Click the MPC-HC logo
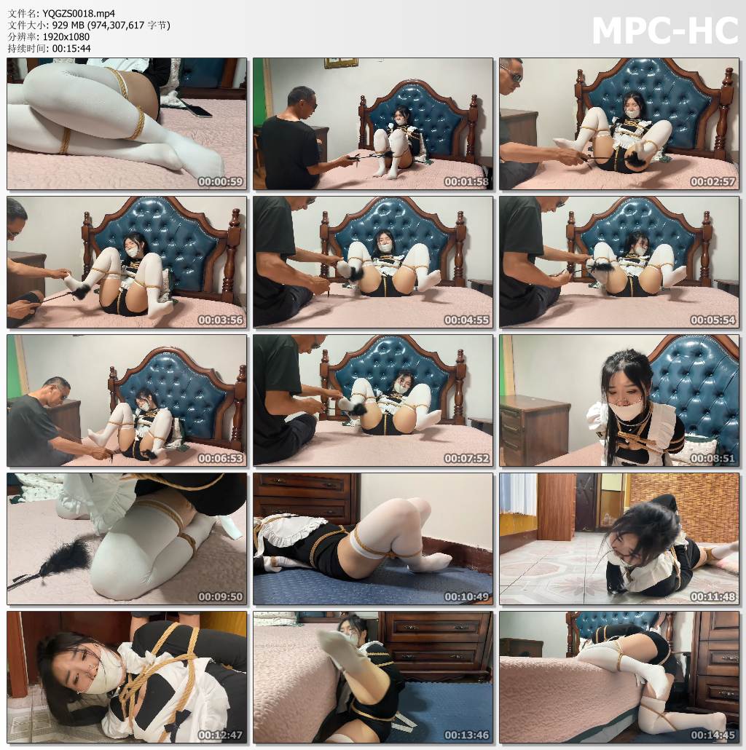click(x=664, y=31)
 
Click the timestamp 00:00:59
click(x=220, y=182)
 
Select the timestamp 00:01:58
click(x=466, y=182)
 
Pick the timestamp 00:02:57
click(x=712, y=182)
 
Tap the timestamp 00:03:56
click(x=220, y=320)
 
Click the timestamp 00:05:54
click(x=712, y=320)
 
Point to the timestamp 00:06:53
click(x=220, y=459)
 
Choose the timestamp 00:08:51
click(x=712, y=459)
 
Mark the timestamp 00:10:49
click(x=466, y=597)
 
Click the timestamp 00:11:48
click(x=712, y=597)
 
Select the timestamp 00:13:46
click(x=466, y=735)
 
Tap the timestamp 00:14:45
click(x=712, y=735)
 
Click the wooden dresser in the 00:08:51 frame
click(x=534, y=430)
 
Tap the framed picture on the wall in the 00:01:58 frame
click(x=340, y=63)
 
